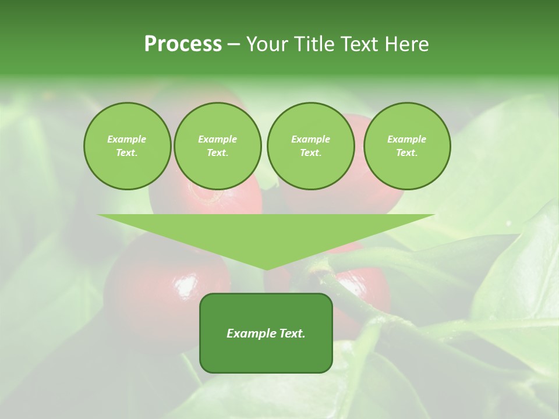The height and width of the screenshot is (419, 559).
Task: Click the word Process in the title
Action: click(183, 44)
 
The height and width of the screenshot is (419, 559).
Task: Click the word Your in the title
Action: click(268, 44)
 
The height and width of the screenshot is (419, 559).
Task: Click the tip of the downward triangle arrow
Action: click(266, 269)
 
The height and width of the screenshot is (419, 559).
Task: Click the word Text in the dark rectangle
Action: click(292, 333)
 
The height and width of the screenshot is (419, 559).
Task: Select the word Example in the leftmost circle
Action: click(127, 139)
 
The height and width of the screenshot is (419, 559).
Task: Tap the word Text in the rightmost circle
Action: click(407, 152)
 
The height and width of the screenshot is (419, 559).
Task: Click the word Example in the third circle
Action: click(310, 139)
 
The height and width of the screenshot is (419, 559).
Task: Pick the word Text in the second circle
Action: click(217, 152)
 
